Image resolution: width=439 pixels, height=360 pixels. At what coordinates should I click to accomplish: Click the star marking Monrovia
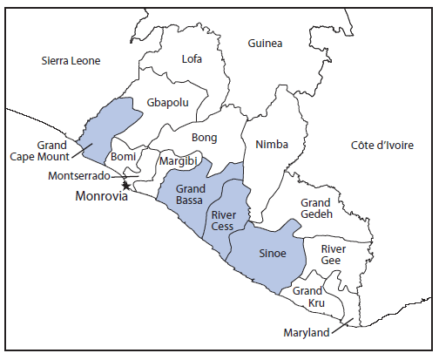(x=126, y=186)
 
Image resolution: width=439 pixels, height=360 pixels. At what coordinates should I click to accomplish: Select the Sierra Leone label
(x=71, y=61)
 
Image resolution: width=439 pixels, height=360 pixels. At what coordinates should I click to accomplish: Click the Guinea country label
(x=265, y=44)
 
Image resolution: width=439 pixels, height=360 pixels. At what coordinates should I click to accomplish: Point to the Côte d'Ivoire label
(x=382, y=145)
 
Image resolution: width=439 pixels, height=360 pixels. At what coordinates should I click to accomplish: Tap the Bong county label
(x=203, y=138)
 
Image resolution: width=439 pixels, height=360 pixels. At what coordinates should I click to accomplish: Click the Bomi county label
(x=123, y=157)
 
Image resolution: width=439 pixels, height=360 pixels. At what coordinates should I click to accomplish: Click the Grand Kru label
(x=308, y=296)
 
